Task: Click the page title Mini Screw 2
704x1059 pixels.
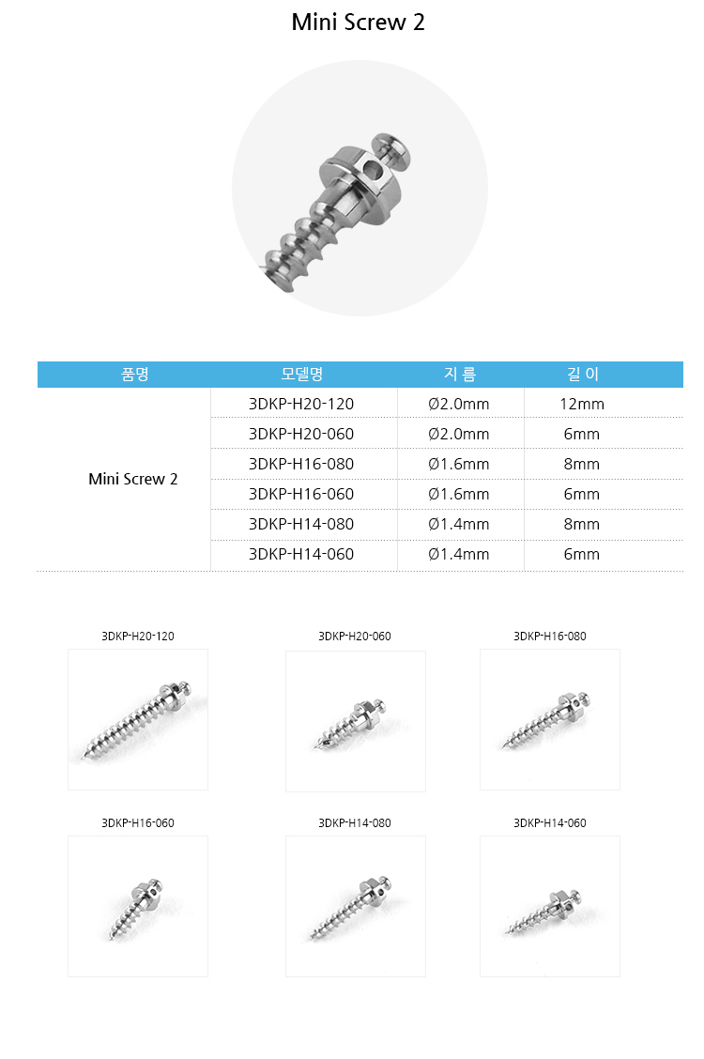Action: (x=358, y=23)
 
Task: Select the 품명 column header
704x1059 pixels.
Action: (x=134, y=374)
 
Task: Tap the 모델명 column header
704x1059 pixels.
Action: (x=301, y=374)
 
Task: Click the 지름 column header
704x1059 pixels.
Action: (x=459, y=374)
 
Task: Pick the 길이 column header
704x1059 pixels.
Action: (x=582, y=374)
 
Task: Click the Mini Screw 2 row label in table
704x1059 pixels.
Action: (x=133, y=479)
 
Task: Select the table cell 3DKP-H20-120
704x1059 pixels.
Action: (x=301, y=405)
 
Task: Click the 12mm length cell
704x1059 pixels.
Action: (x=582, y=405)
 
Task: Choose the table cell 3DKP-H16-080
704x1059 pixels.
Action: (x=301, y=464)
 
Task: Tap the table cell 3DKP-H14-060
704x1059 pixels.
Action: (x=301, y=554)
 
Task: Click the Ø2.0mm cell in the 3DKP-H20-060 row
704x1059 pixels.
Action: (x=459, y=434)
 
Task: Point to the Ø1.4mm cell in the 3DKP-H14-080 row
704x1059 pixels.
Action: (x=459, y=524)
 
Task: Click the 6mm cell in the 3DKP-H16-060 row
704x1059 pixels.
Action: (x=582, y=494)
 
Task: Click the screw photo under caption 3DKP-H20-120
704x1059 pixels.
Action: (x=138, y=719)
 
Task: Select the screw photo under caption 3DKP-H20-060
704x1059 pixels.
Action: (x=356, y=720)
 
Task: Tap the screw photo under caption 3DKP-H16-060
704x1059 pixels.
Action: (x=138, y=906)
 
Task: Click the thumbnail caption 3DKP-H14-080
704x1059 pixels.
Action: (x=355, y=823)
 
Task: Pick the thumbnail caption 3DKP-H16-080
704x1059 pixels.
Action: (x=550, y=637)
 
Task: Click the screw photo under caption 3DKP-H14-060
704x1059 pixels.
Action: (x=550, y=906)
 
